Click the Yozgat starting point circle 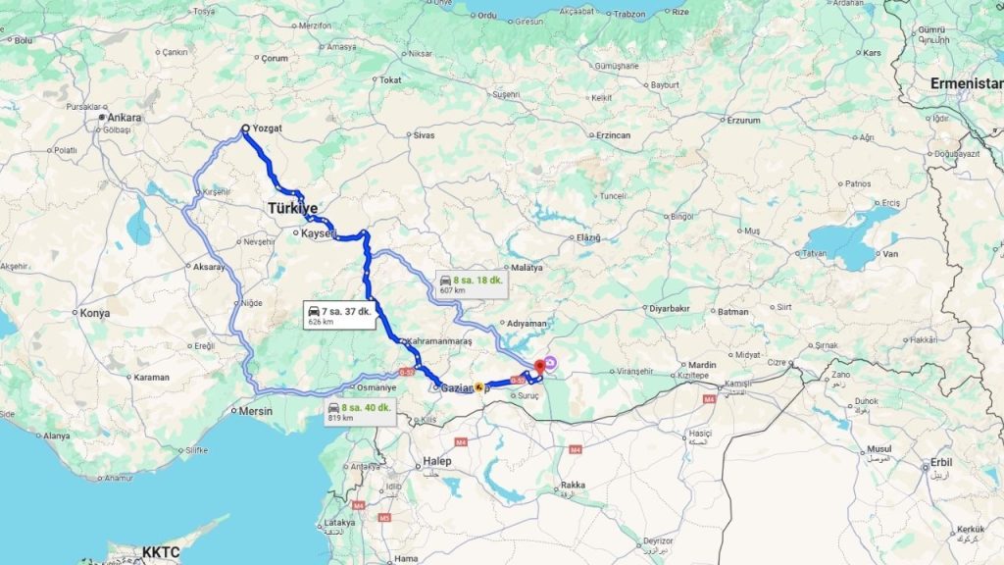click(x=245, y=129)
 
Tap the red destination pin click(x=539, y=367)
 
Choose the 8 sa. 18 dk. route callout click(x=471, y=283)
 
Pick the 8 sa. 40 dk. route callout click(x=360, y=412)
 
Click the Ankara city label click(x=125, y=118)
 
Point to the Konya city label click(x=95, y=314)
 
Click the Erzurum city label click(x=743, y=120)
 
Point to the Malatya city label click(x=527, y=268)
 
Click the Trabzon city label click(x=628, y=14)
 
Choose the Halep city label click(x=435, y=461)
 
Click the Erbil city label click(x=940, y=462)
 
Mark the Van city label click(x=891, y=254)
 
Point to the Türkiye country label click(x=293, y=209)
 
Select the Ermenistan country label click(x=967, y=82)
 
